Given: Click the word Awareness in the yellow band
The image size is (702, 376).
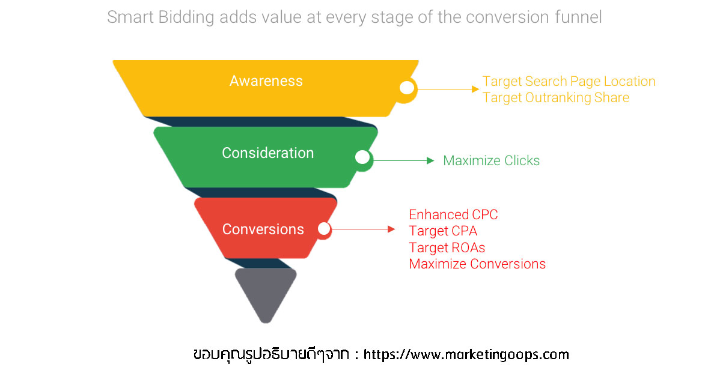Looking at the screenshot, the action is pos(266,81).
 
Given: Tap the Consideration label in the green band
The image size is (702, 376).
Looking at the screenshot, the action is pos(267,153).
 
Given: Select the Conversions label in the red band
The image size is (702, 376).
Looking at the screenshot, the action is pos(263,229).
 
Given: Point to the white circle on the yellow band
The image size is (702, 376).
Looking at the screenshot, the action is pos(406,88).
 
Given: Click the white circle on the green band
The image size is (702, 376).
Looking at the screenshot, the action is pos(362,157).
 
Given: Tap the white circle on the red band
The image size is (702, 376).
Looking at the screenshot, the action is pos(324,229).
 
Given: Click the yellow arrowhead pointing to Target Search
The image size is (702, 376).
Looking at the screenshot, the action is pos(475,89).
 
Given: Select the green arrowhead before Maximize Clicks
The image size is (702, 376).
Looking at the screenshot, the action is pos(431,161).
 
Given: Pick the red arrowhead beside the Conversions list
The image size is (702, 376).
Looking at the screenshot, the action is pos(391,229).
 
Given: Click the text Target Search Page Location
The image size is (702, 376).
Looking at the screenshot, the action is pos(569,82).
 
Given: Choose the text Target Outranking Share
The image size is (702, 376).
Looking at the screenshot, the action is pos(555,97).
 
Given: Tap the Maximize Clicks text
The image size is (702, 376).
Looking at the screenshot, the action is pos(491,161).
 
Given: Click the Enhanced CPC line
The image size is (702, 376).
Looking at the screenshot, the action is pos(453,215).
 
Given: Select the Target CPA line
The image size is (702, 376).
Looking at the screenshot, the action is pos(443,231).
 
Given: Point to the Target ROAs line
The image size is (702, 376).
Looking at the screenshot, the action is pos(447,247).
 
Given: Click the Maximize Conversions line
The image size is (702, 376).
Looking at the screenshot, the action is pos(477,264).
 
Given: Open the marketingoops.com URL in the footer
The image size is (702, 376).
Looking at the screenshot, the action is pos(466,354).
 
